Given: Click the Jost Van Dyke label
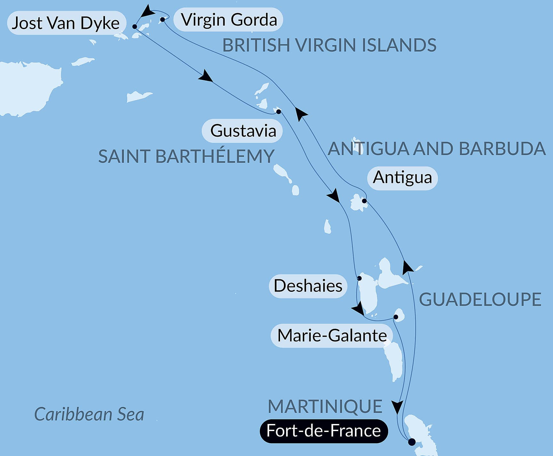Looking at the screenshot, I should point(66,23).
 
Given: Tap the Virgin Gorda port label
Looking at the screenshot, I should point(228,20).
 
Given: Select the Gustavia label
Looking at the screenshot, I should point(243,131).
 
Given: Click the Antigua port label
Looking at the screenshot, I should point(402,178).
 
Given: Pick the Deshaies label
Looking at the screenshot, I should point(308,286).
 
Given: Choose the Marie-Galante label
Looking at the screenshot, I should point(332,336).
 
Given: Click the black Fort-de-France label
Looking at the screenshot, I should point(324,431).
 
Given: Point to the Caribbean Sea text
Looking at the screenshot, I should point(89,414).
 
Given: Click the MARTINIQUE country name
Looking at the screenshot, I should point(325,406).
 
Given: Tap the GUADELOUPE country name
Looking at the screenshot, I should point(480,300).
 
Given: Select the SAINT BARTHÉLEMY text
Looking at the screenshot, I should point(186,156).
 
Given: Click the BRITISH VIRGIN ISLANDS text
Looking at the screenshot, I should point(329,45).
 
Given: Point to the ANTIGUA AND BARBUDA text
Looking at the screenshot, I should point(437,148).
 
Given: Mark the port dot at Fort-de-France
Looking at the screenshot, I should point(412,442).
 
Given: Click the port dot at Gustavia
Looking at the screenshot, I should point(279,112).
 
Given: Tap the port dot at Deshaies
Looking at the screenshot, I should point(359,278).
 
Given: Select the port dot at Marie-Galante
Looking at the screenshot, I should point(396,317).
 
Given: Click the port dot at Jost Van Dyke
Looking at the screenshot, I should point(135,27).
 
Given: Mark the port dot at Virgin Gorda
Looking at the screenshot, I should point(163,20).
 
